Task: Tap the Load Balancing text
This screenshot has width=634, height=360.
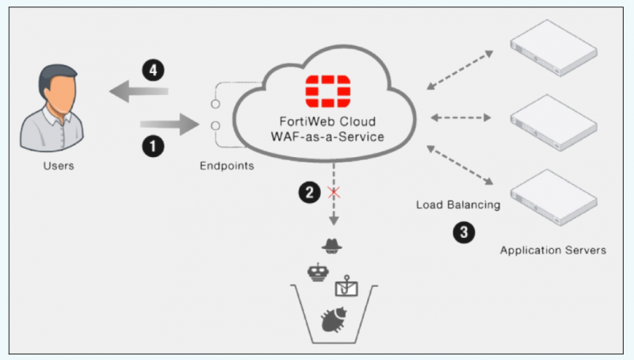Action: [459, 205]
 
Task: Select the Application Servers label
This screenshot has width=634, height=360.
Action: [553, 251]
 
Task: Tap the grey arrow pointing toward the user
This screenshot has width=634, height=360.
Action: [139, 94]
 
